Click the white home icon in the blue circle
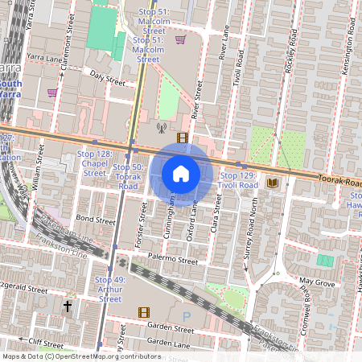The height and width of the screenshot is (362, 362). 181,173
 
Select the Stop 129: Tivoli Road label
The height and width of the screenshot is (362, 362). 239,179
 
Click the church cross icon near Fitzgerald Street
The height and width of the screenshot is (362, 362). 68,306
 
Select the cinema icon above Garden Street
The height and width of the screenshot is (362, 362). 143,312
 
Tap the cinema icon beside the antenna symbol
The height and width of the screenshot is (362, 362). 183,138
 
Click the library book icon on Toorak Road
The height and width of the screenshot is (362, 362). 272,183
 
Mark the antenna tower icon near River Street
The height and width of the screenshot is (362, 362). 160,126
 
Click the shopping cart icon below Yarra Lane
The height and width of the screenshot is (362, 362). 52,93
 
